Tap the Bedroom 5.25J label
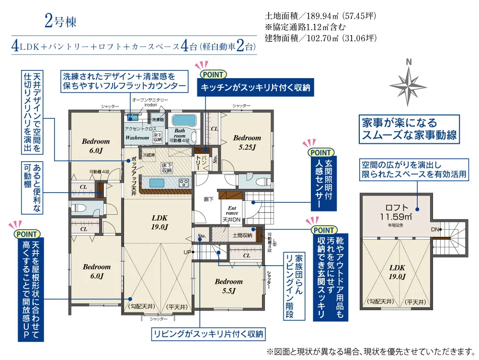click(x=247, y=142)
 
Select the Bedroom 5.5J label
click(x=228, y=286)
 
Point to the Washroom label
click(x=137, y=138)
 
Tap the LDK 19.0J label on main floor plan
click(x=160, y=221)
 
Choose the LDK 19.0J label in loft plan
click(x=397, y=271)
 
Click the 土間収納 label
click(x=242, y=235)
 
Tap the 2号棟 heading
click(x=60, y=21)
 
